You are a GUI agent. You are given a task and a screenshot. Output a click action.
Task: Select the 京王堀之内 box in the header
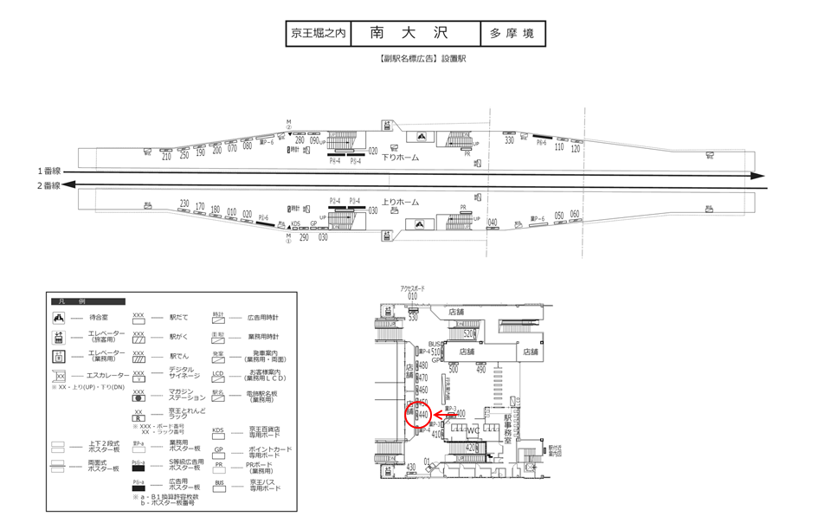[318, 34]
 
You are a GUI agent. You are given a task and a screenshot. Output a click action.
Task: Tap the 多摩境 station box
[512, 34]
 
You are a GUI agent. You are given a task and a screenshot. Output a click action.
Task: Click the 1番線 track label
[49, 171]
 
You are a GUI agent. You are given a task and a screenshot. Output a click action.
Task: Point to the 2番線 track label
[49, 185]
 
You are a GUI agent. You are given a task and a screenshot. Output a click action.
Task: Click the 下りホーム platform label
[401, 158]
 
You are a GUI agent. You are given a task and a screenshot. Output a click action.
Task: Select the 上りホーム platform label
[401, 202]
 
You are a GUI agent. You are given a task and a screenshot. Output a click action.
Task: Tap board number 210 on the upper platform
[166, 157]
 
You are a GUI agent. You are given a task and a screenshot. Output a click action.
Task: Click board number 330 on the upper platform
[510, 139]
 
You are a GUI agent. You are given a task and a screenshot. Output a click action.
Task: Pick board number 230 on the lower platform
[184, 203]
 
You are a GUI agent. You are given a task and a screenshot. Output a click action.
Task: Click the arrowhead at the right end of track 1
[760, 177]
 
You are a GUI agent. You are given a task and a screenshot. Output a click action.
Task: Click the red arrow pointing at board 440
[444, 416]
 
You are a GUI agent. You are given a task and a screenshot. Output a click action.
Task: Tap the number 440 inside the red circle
[423, 416]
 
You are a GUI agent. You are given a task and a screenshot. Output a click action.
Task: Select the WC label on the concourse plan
[473, 430]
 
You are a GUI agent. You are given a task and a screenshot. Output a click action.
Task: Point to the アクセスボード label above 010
[412, 287]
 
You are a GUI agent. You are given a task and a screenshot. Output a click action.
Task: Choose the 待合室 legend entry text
[100, 319]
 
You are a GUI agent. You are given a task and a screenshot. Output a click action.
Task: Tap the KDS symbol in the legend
[218, 430]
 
